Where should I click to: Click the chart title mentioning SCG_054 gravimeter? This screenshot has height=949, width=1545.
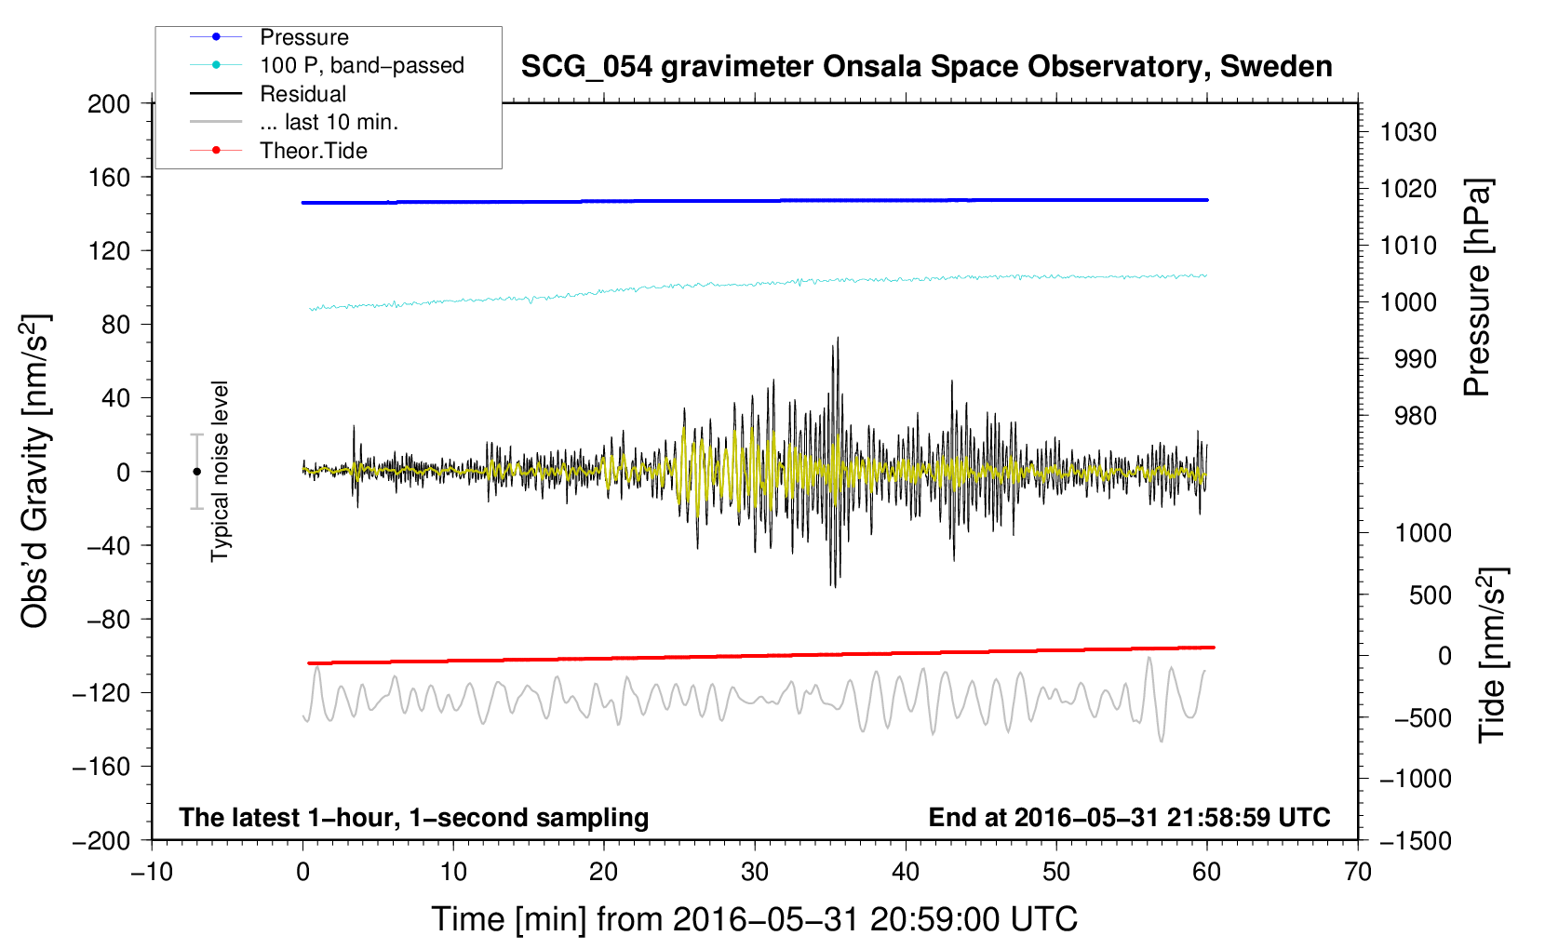tap(926, 67)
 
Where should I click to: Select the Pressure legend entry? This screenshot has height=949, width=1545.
tap(269, 37)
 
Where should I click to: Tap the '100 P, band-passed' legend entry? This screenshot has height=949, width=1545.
tap(327, 65)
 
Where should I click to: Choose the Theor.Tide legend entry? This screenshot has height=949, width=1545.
tap(278, 151)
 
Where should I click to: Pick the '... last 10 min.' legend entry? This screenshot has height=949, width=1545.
tap(294, 122)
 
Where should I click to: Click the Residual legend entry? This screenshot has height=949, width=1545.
tap(268, 94)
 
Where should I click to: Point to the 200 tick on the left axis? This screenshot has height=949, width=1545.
tap(109, 104)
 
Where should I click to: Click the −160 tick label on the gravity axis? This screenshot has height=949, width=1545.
tap(101, 767)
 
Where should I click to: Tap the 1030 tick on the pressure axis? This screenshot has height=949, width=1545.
tap(1408, 132)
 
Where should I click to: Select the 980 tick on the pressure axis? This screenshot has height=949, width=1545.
tap(1415, 416)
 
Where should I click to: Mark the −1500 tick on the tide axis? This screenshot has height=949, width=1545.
tap(1416, 841)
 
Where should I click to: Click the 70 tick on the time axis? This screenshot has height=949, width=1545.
tap(1357, 872)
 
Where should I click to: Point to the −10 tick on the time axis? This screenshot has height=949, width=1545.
tap(152, 872)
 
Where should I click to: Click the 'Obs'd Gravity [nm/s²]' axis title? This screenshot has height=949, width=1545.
tap(34, 472)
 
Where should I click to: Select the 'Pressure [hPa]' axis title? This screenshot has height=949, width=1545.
tap(1477, 287)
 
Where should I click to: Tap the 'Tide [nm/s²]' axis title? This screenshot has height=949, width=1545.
tap(1493, 655)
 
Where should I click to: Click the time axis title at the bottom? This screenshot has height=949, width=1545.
tap(755, 919)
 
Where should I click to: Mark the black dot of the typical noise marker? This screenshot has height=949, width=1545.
tap(196, 472)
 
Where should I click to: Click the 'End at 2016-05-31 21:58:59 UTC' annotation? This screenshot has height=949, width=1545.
tap(1129, 817)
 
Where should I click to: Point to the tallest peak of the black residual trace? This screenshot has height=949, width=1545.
tap(838, 338)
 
